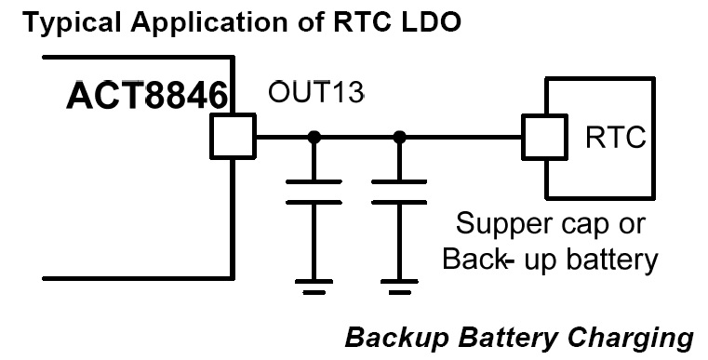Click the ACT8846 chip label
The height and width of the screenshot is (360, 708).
[x=150, y=95]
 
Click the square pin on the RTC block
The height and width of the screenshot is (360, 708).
[x=542, y=137]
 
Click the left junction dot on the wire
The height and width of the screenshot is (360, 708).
[x=314, y=137]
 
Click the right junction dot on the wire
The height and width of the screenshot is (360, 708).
[x=400, y=137]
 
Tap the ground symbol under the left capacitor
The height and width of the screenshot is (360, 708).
[x=314, y=281]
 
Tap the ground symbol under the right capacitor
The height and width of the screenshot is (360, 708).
[x=400, y=281]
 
